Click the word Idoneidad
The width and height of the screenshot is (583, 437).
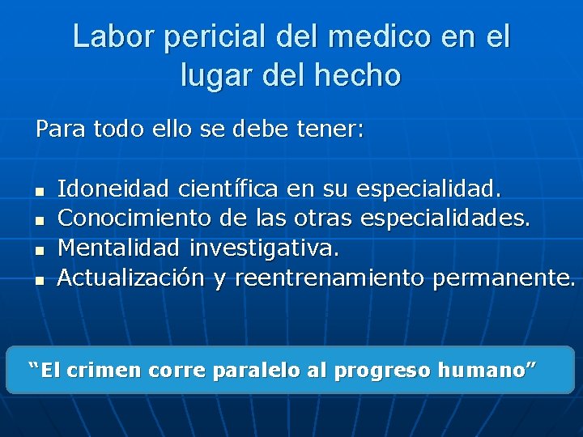pyautogui.click(x=113, y=190)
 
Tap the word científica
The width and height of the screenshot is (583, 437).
pyautogui.click(x=228, y=190)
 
